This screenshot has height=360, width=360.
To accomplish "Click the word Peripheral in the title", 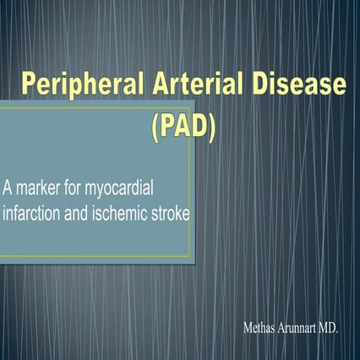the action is [83, 85].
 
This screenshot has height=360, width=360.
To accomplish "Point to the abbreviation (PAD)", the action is [183, 129].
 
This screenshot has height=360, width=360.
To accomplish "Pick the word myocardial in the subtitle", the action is [119, 189].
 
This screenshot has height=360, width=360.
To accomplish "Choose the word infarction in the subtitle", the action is [31, 213].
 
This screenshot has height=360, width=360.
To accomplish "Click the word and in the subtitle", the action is [76, 213].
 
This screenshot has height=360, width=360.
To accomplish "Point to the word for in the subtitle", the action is [72, 188].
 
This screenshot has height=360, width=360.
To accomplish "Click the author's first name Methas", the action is [259, 328].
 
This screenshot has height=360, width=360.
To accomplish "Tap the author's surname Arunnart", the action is [297, 328].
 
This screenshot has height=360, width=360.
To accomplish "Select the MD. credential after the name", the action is [329, 328].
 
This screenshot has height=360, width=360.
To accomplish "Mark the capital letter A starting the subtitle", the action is [8, 188].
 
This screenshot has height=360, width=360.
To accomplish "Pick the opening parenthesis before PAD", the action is [155, 129].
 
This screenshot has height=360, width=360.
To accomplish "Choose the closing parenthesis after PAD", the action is [212, 129].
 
